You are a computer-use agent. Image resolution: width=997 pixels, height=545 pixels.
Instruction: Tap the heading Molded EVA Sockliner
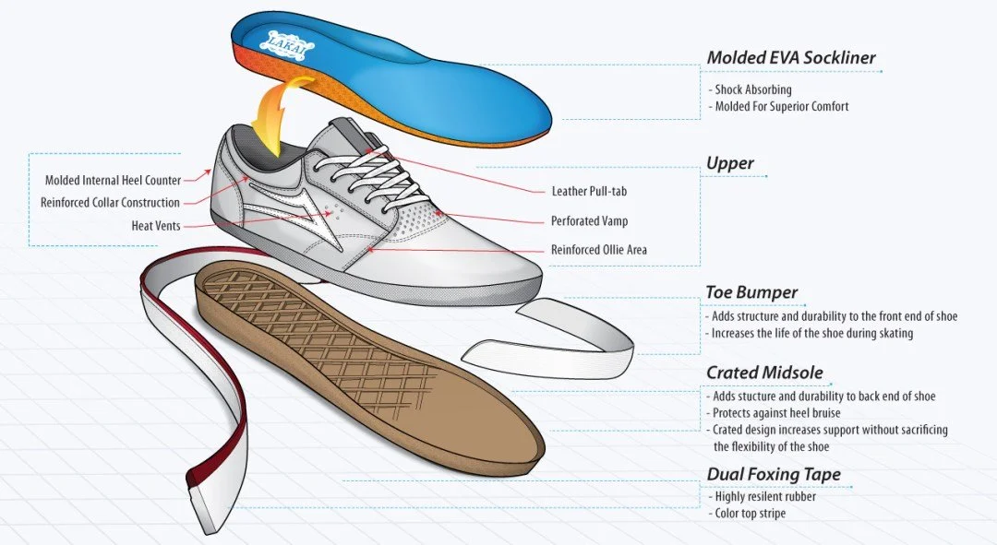coord(790,58)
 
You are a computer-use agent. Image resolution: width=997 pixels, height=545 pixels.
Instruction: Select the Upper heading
coord(729,164)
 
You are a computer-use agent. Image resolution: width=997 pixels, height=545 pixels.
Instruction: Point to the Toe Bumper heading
coord(751,293)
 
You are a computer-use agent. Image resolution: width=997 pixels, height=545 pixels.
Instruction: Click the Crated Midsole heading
coord(764,373)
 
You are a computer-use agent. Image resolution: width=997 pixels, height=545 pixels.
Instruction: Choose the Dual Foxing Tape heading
coord(774,475)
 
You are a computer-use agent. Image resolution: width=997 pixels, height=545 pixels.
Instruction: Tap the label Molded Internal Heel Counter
coord(113,181)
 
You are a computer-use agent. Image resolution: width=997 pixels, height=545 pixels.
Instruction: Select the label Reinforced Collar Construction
coord(110,203)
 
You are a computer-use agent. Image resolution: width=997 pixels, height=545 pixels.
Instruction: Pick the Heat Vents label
coord(156,225)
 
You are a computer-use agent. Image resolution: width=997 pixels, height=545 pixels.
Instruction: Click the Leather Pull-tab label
coord(595,192)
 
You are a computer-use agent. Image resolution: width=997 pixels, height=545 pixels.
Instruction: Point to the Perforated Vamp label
coord(589,221)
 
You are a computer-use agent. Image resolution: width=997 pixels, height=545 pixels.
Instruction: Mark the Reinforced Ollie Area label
coord(598,250)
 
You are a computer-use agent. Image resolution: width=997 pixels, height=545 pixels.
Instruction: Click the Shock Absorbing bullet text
coord(752,90)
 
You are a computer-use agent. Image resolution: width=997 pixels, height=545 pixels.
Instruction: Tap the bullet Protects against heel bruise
coord(775,413)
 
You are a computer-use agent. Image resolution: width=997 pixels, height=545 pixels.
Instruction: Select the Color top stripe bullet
coord(750,513)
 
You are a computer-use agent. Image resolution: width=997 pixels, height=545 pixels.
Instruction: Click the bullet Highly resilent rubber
coord(765,496)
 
